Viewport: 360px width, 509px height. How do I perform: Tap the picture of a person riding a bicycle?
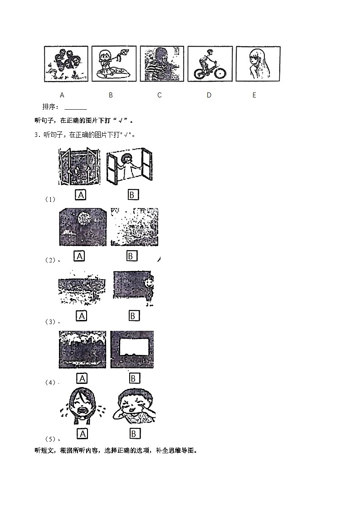pos(209,63)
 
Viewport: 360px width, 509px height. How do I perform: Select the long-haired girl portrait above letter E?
pos(258,63)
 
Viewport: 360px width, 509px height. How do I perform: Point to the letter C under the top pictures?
pos(159,95)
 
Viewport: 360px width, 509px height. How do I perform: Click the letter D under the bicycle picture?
pos(209,95)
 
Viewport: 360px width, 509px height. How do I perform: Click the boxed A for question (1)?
pos(81,195)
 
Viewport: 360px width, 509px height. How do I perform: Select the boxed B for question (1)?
pos(132,195)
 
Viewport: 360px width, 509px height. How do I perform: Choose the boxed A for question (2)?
pos(80,256)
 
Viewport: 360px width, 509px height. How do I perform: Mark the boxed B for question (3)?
pos(133,316)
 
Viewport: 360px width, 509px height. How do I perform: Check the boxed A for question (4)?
pos(82,378)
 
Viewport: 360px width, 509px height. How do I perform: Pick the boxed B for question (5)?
pos(134,434)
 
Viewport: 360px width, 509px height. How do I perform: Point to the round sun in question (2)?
pos(83,218)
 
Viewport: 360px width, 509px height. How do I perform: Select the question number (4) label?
pos(50,383)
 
